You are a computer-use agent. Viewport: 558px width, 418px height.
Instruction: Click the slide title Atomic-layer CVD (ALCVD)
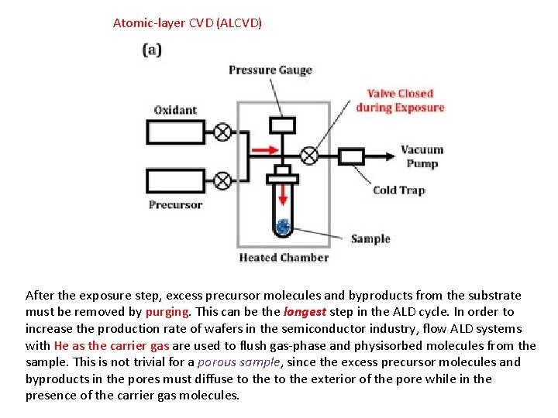pyautogui.click(x=188, y=23)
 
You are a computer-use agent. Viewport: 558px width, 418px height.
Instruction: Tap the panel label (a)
pyautogui.click(x=152, y=50)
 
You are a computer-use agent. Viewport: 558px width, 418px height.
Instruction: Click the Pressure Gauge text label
pyautogui.click(x=270, y=70)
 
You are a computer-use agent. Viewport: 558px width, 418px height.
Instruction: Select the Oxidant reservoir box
pyautogui.click(x=176, y=132)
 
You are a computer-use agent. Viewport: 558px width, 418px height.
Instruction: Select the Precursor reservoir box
pyautogui.click(x=176, y=181)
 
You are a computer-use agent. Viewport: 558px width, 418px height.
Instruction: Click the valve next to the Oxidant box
pyautogui.click(x=222, y=132)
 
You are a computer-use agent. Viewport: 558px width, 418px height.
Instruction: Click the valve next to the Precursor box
pyautogui.click(x=222, y=181)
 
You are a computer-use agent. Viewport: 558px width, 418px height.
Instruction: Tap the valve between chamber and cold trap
pyautogui.click(x=308, y=156)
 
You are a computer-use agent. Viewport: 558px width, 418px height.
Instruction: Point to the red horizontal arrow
pyautogui.click(x=263, y=149)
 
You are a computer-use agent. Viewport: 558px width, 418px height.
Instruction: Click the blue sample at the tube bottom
pyautogui.click(x=283, y=226)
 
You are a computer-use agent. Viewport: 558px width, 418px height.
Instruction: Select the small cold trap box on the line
pyautogui.click(x=353, y=156)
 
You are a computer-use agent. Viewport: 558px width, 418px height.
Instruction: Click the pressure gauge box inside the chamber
pyautogui.click(x=284, y=125)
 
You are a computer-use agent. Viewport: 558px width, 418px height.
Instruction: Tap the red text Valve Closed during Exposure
pyautogui.click(x=400, y=101)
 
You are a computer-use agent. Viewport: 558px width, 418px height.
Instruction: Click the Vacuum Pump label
pyautogui.click(x=422, y=156)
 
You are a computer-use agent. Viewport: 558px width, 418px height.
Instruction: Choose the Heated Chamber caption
pyautogui.click(x=284, y=258)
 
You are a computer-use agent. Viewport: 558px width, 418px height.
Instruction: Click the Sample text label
pyautogui.click(x=370, y=238)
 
